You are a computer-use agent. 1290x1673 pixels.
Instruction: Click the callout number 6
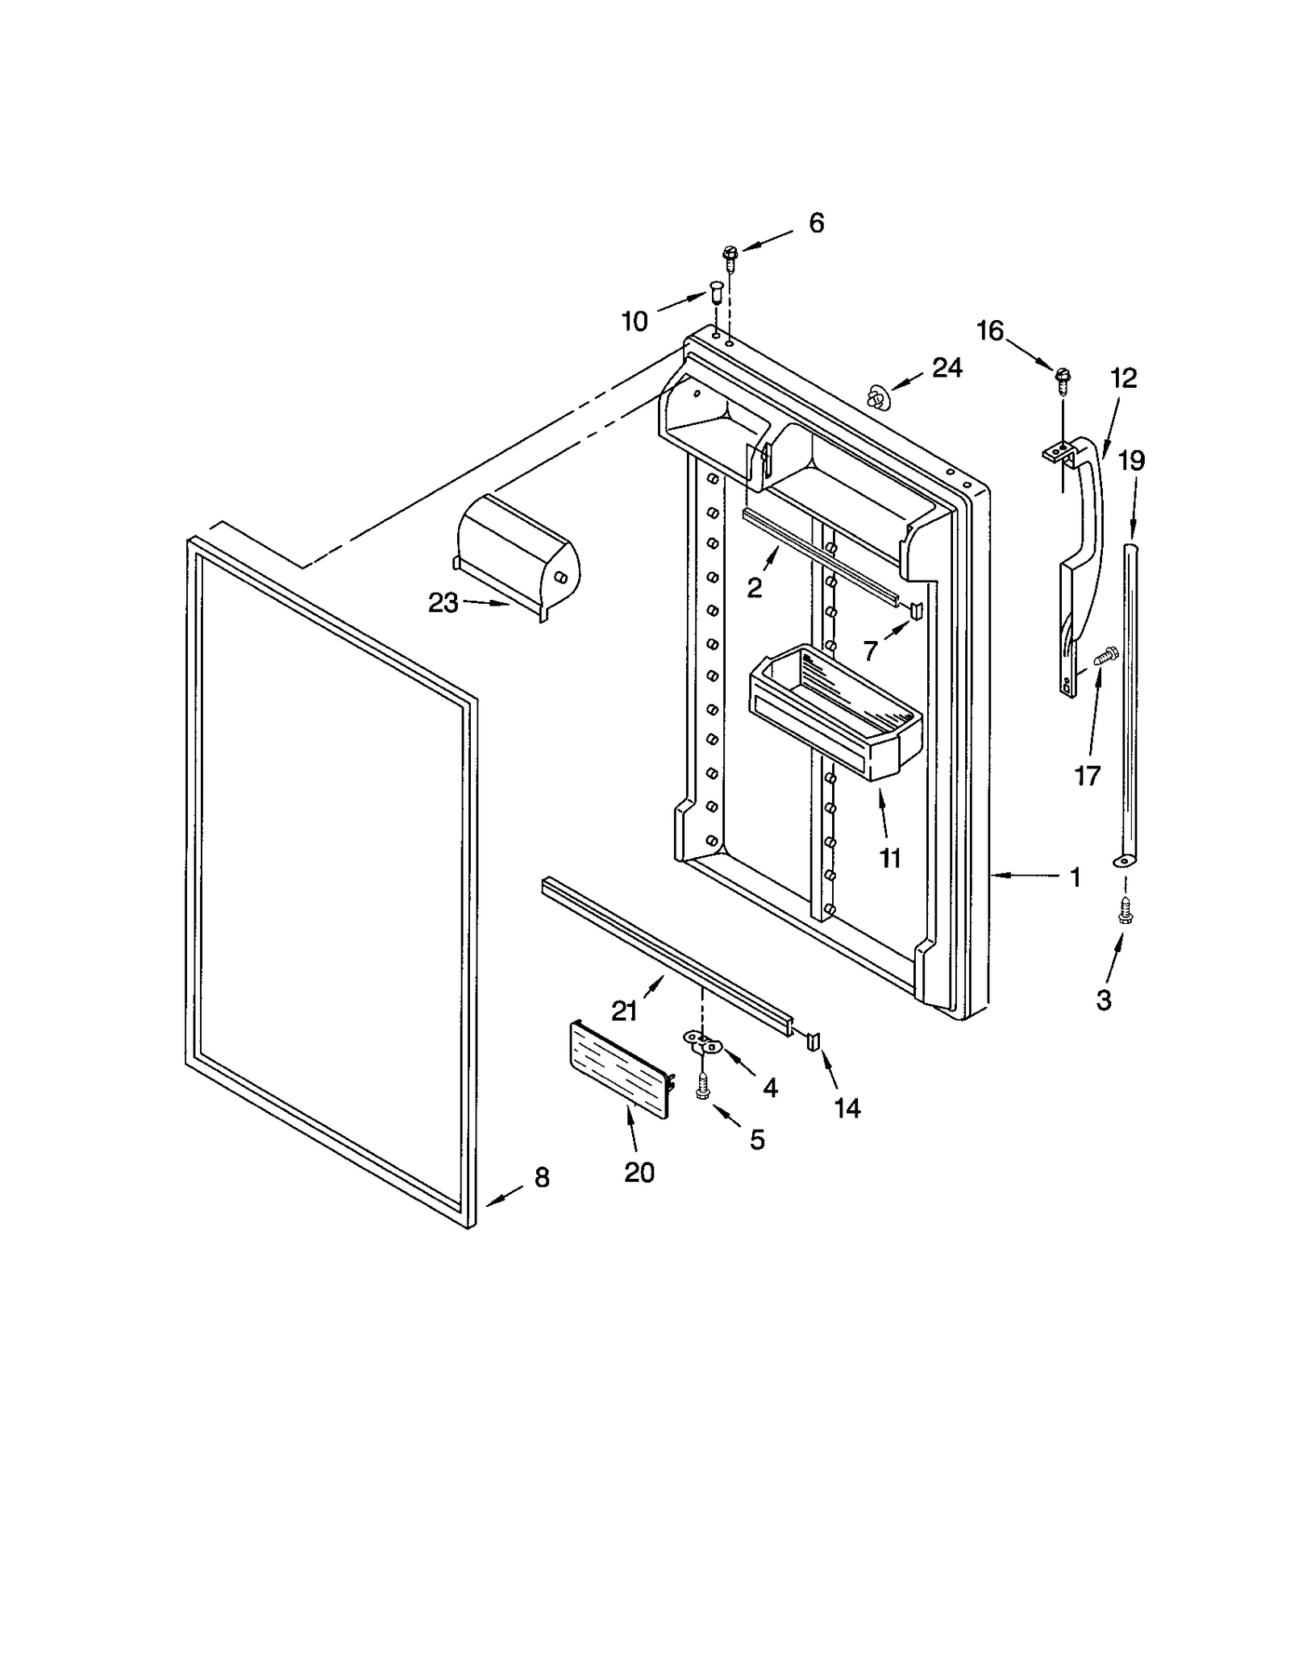click(x=816, y=223)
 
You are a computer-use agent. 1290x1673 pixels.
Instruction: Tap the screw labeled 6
click(x=730, y=256)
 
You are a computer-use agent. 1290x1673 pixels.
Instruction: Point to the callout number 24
click(x=947, y=368)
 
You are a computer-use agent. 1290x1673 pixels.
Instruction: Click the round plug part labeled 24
click(x=877, y=396)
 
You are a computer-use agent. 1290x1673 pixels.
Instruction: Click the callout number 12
click(x=1123, y=378)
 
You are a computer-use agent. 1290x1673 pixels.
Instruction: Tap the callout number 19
click(x=1131, y=461)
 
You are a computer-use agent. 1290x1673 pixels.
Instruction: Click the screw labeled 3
click(x=1126, y=913)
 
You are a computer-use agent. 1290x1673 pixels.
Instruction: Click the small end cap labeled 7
click(x=915, y=610)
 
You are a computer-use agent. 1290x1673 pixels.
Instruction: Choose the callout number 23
click(x=443, y=602)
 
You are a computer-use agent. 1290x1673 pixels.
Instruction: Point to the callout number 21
click(x=624, y=1010)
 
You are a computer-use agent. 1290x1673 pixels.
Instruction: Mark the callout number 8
click(x=542, y=1178)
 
